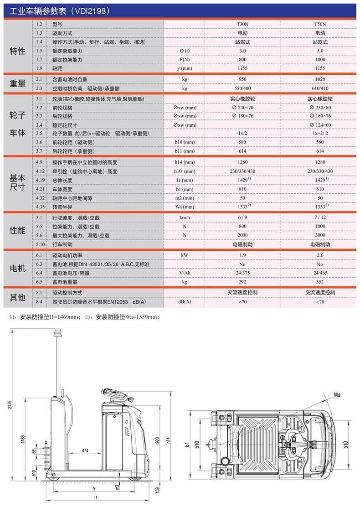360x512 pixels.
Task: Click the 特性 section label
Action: pyautogui.click(x=17, y=51)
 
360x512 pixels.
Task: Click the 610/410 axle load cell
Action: pyautogui.click(x=320, y=88)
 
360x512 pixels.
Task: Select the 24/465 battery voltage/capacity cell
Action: pyautogui.click(x=320, y=273)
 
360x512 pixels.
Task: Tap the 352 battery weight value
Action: pyautogui.click(x=320, y=281)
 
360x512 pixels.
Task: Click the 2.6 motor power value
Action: pyautogui.click(x=320, y=255)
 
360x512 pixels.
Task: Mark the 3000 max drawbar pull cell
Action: pyautogui.click(x=320, y=235)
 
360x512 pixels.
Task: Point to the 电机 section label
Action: pyautogui.click(x=17, y=269)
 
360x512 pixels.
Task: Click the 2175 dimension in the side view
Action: pyautogui.click(x=10, y=404)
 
